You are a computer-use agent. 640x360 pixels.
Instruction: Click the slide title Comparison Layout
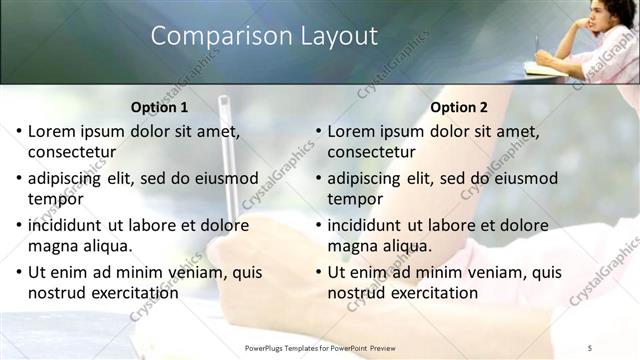coord(264,37)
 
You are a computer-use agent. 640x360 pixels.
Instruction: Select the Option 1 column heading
coord(159,107)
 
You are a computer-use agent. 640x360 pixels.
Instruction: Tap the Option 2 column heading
coord(459,107)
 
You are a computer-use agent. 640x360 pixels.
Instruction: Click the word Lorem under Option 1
coord(52,131)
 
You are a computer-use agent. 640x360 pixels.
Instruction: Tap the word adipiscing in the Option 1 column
coord(68,178)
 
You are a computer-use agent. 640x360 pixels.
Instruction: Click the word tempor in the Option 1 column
coord(54,200)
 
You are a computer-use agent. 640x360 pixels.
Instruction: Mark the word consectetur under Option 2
coord(371,153)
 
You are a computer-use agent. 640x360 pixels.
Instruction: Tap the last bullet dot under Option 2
coord(318,272)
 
